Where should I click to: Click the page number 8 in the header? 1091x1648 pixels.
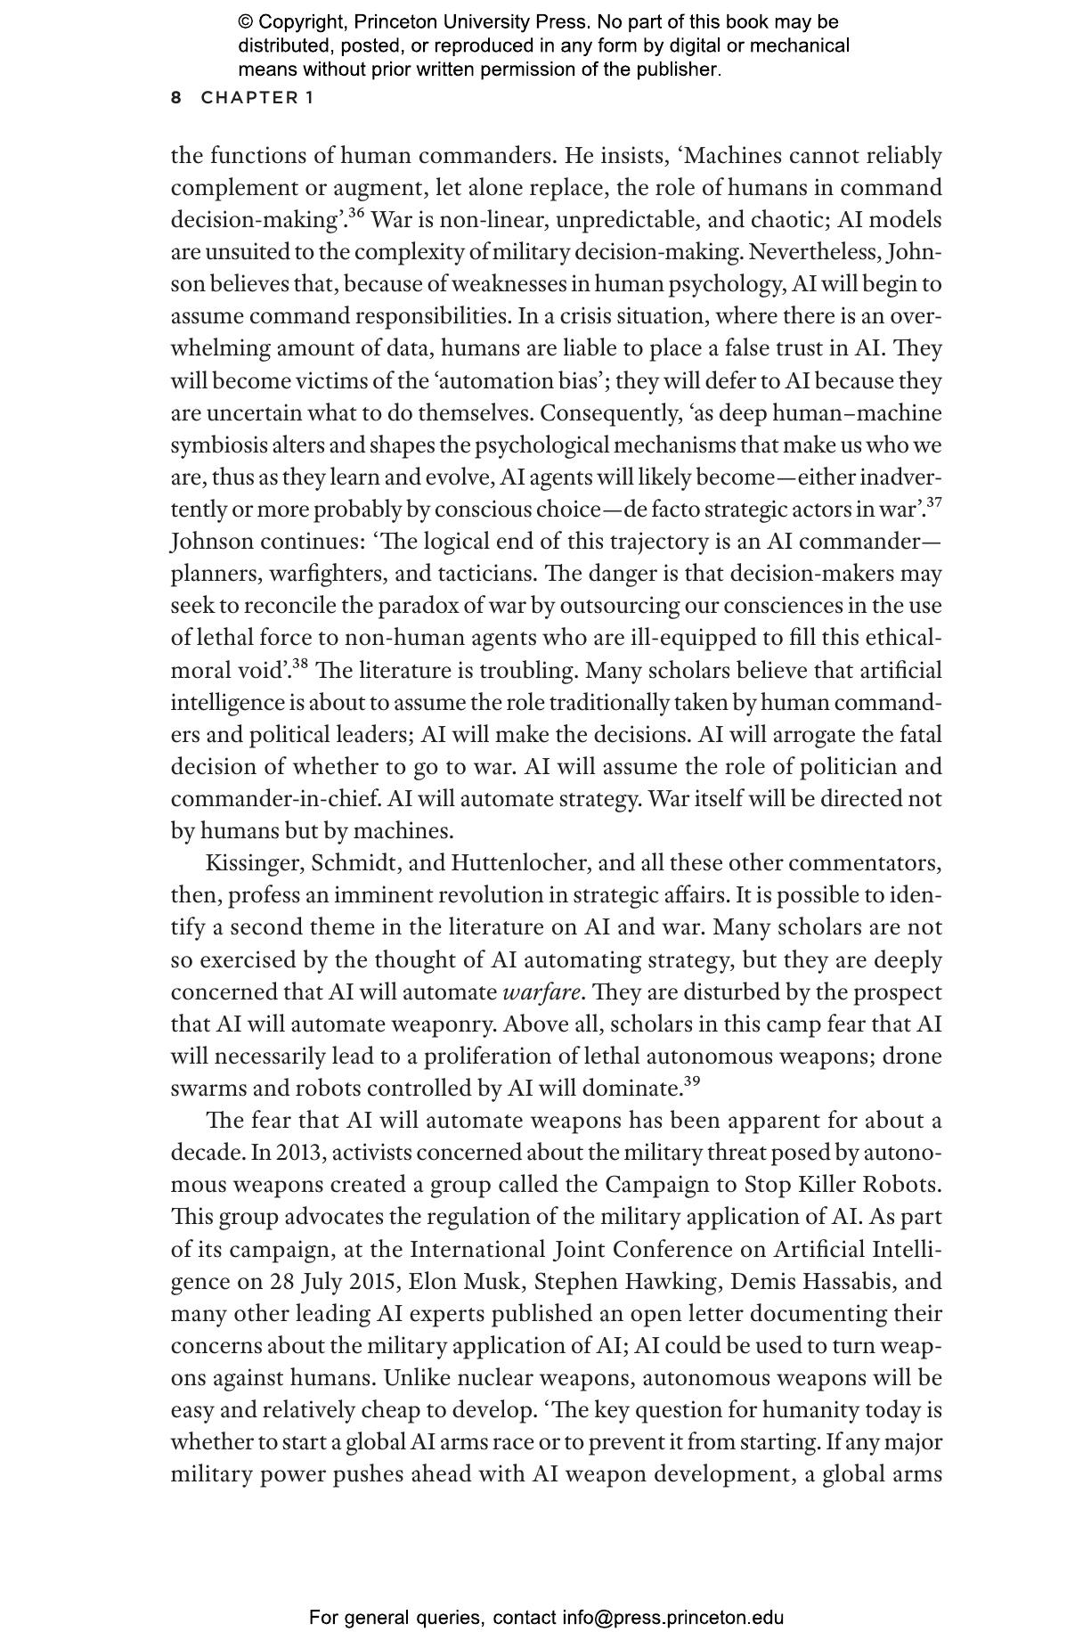176,98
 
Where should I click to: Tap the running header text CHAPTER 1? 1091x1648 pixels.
257,98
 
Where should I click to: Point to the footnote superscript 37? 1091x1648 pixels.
933,502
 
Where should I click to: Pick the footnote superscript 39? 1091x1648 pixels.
691,1081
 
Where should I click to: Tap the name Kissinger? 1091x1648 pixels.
254,864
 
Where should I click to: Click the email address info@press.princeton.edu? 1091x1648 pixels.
672,1618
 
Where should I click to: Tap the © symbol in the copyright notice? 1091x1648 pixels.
246,22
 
